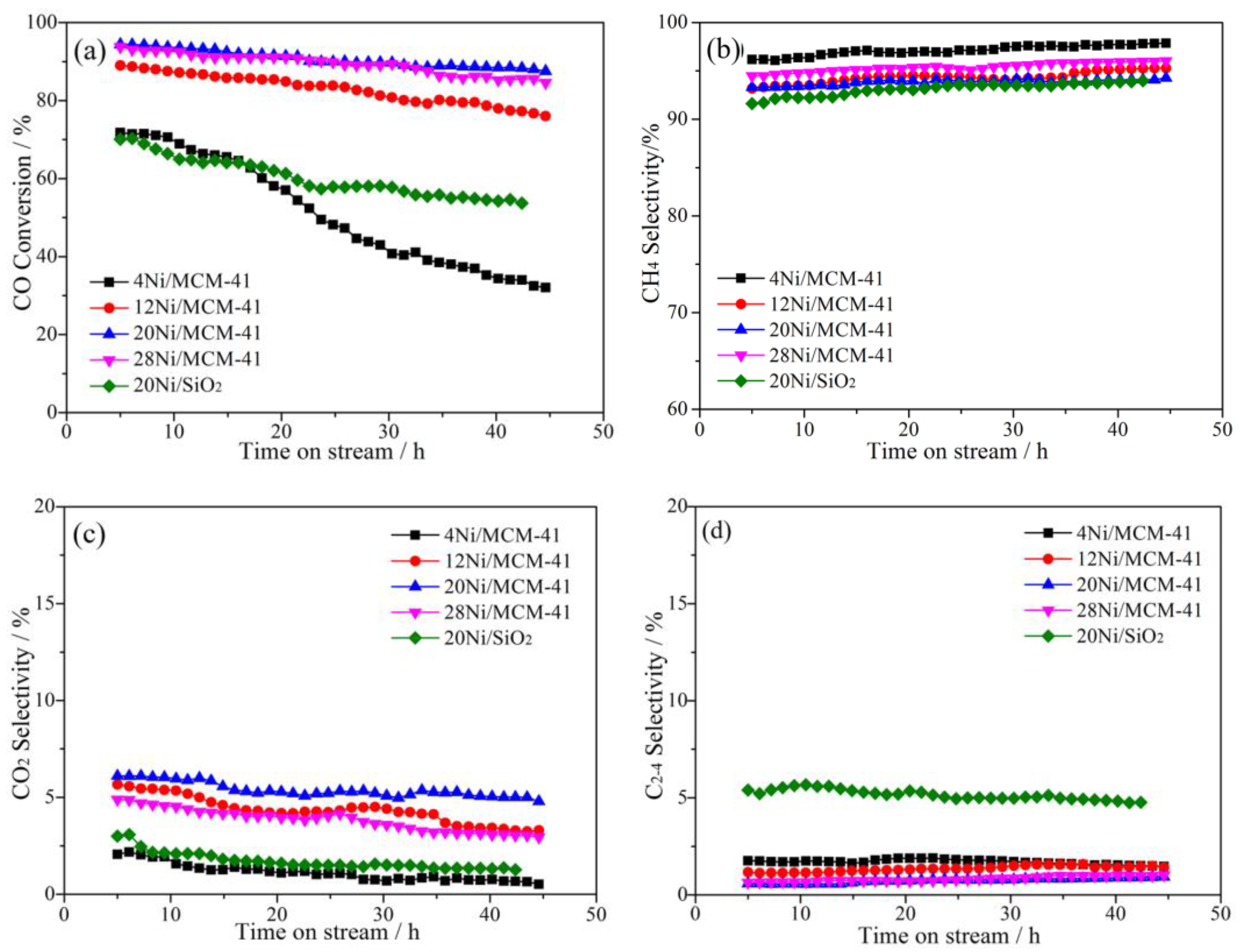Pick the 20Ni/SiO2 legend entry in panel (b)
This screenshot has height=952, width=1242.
point(811,381)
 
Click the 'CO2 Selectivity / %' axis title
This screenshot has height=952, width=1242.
point(22,703)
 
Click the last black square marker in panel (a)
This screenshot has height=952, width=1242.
point(545,287)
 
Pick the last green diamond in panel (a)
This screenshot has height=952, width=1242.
point(522,203)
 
